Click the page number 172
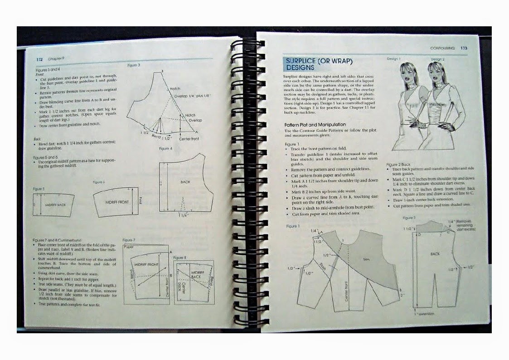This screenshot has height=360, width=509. click(40, 59)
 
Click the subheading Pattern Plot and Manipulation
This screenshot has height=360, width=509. click(315, 124)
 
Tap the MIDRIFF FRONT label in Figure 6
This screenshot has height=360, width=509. click(118, 201)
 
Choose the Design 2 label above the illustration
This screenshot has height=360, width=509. click(437, 59)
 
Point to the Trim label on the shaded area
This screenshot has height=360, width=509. click(367, 260)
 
